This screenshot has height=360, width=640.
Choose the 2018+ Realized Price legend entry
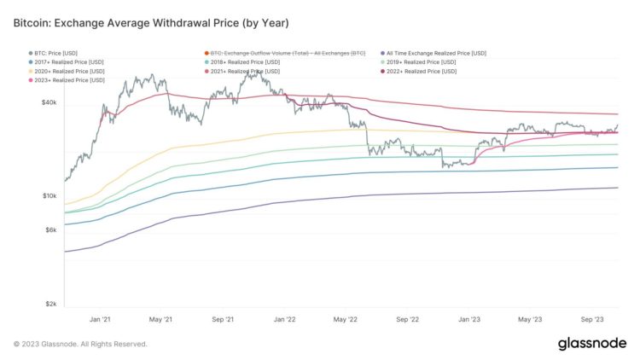point(247,61)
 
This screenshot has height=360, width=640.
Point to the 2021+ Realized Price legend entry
point(247,71)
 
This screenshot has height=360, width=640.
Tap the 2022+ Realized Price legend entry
point(422,71)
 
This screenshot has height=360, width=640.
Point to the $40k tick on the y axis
point(49,102)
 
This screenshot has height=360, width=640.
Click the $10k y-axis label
point(49,196)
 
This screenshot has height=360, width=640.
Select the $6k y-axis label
point(50,230)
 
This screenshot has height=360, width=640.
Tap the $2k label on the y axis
point(50,305)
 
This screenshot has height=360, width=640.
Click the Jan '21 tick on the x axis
point(100,319)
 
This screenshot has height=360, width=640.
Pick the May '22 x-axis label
point(346,319)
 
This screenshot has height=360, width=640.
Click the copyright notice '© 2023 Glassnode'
point(80,344)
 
